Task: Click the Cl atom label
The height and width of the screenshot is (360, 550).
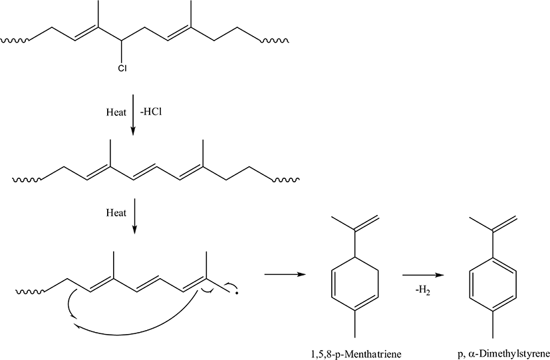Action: [122, 68]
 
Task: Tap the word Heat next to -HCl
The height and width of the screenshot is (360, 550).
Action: [116, 112]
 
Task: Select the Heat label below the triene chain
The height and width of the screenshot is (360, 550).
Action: [116, 213]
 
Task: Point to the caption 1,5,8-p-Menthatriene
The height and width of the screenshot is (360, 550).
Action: [356, 354]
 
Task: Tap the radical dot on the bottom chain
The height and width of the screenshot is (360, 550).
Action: [237, 293]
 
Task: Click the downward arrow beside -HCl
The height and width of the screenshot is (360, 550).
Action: [133, 114]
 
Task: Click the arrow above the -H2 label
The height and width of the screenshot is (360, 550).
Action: [424, 275]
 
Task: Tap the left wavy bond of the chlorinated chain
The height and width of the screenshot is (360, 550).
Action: [15, 41]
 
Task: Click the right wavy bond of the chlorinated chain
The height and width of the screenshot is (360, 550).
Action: [275, 41]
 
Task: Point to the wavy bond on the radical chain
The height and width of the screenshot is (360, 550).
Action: [30, 291]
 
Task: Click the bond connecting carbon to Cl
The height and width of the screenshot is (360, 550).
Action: [122, 53]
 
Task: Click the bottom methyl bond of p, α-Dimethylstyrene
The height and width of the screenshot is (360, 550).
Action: [493, 324]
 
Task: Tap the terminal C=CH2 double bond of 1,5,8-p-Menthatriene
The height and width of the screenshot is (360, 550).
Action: [367, 223]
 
